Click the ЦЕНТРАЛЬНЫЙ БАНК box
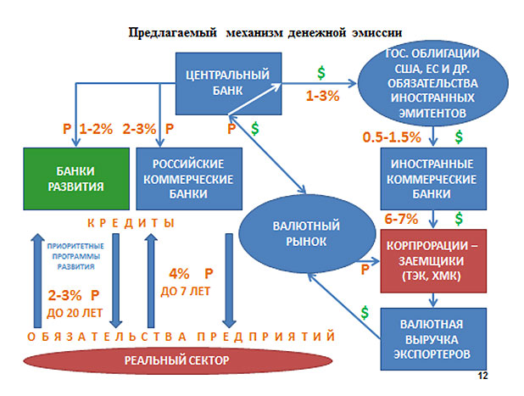(x=229, y=84)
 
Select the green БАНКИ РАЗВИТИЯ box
(x=76, y=179)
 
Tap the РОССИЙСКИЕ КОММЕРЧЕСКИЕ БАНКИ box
(x=189, y=179)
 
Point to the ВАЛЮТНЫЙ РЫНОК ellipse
(x=306, y=234)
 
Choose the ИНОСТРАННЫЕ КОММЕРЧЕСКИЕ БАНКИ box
(x=433, y=179)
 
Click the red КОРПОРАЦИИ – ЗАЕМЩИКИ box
(x=433, y=261)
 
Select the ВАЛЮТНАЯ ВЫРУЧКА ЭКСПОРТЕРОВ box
(x=433, y=339)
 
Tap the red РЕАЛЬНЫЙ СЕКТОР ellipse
(x=177, y=360)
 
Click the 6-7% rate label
(x=401, y=220)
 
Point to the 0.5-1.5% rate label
(x=392, y=137)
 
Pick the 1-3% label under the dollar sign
(x=322, y=96)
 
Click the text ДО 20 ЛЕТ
(x=75, y=313)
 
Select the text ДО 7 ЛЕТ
(x=186, y=292)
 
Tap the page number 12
(x=483, y=376)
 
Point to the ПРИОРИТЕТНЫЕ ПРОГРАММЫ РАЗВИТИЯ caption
(x=75, y=256)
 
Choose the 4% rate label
(x=179, y=274)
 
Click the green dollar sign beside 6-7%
(x=459, y=219)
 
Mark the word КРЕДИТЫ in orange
(x=131, y=223)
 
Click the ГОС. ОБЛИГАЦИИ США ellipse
(x=433, y=83)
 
